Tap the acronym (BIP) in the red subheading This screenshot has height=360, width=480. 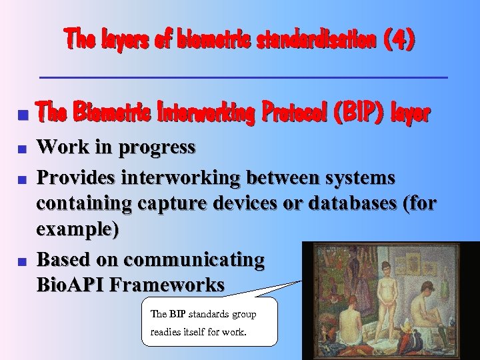pos(363,114)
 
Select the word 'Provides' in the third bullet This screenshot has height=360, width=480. pos(76,178)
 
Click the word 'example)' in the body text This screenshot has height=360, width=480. pos(78,229)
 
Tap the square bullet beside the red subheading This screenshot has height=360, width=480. pos(22,115)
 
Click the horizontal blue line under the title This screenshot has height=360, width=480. pos(243,78)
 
